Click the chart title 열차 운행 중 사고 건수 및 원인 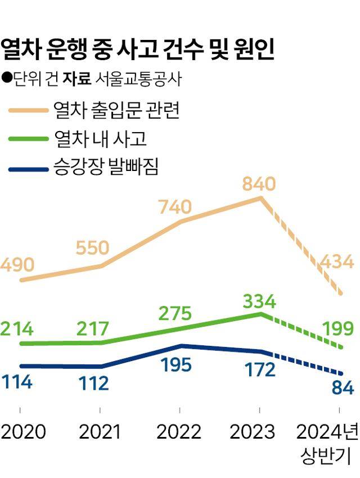(x=138, y=49)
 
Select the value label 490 (x=17, y=265)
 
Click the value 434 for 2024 (x=336, y=261)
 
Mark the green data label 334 (x=259, y=302)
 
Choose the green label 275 (x=175, y=314)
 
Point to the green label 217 (x=93, y=328)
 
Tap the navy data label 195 (x=175, y=364)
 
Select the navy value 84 (x=342, y=388)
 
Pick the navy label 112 (x=93, y=384)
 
